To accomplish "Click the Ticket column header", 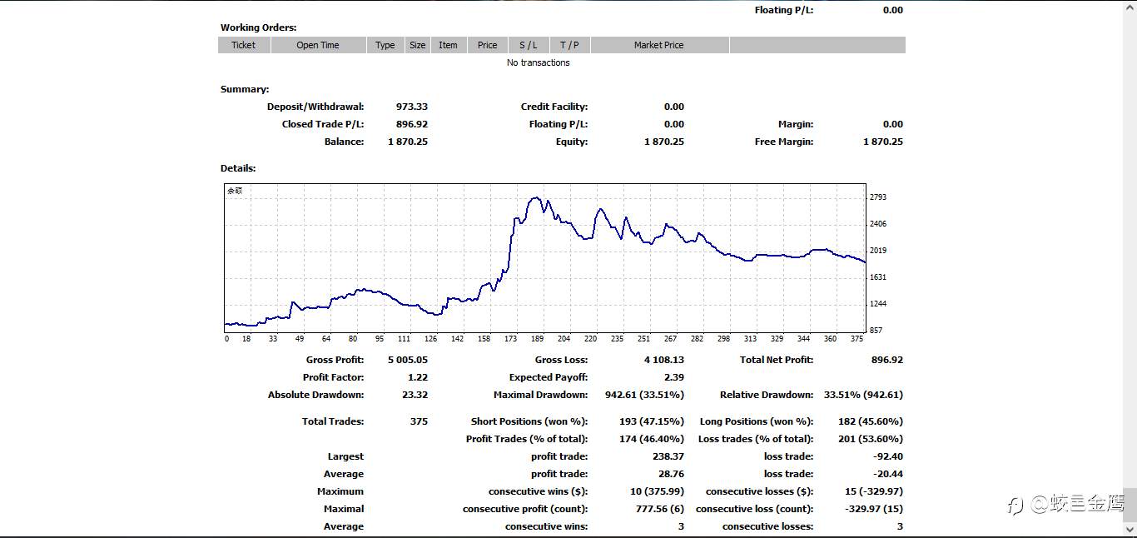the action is (x=244, y=45).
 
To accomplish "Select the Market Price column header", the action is (x=659, y=45).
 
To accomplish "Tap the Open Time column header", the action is (x=318, y=45).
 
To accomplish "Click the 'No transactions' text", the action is (x=538, y=62).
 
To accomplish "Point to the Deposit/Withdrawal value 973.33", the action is (x=412, y=107).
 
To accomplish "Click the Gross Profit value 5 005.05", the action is (x=408, y=360).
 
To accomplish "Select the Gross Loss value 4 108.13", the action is (x=664, y=360).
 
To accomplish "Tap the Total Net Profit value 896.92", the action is (x=887, y=360).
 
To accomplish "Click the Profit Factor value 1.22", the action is (x=418, y=377).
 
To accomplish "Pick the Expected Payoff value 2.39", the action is (x=674, y=377).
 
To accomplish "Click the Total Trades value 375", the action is (x=419, y=421).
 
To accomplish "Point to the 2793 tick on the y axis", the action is (x=878, y=197).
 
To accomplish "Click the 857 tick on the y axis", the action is (x=876, y=331).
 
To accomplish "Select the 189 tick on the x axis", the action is (x=537, y=339).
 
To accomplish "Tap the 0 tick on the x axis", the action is (x=226, y=339).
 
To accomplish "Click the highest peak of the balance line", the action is (x=535, y=197).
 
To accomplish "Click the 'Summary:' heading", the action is (x=245, y=89).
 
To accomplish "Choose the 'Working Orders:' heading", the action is (x=258, y=27).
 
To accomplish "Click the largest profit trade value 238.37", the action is (x=668, y=456).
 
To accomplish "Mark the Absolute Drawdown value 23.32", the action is (x=415, y=395).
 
